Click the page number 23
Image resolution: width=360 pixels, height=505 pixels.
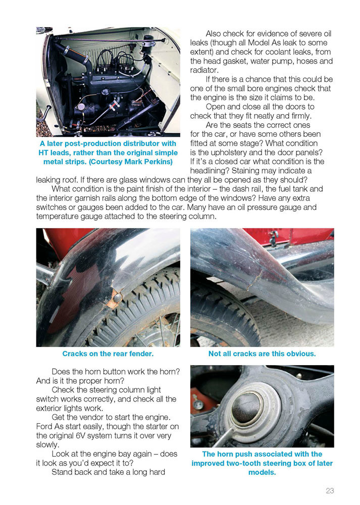(x=330, y=490)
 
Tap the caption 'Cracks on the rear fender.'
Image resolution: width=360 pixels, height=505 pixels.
(x=108, y=353)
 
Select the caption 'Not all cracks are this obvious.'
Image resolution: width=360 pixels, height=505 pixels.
(x=262, y=353)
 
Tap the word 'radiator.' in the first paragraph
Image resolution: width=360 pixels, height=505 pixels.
(x=204, y=70)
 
